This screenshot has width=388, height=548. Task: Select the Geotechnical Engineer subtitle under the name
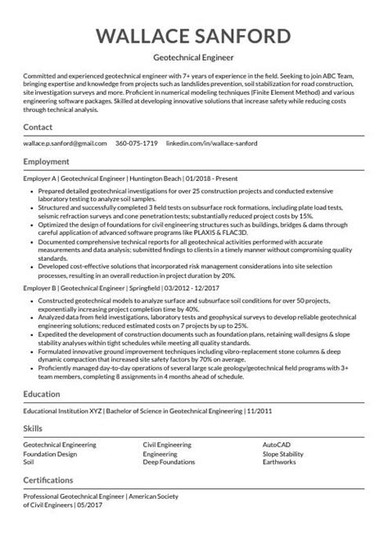pos(193,59)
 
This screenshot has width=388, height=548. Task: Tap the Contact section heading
pos(38,128)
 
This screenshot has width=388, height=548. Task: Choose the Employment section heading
pos(48,161)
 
